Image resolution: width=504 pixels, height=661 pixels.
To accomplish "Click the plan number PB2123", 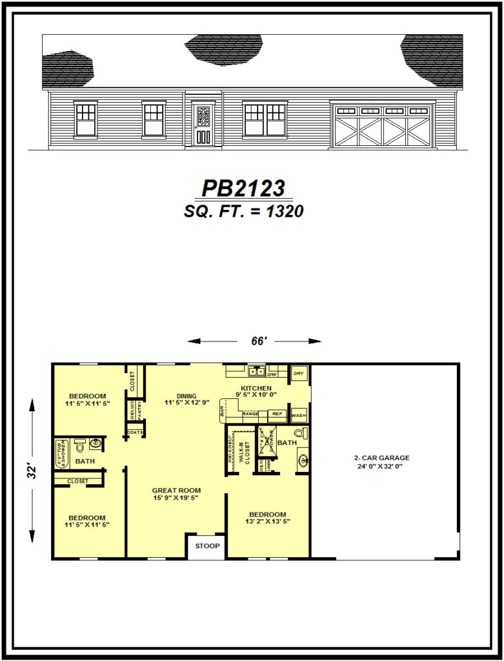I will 243,188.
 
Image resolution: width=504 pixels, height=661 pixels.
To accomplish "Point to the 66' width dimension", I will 259,341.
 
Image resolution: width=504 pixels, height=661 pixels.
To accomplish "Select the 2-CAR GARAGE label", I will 385,458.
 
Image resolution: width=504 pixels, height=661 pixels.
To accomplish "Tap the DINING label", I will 186,396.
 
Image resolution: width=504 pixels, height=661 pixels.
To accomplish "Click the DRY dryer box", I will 299,374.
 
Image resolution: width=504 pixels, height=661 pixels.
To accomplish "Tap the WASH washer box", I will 299,415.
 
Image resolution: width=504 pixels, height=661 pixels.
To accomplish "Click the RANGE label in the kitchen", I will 250,414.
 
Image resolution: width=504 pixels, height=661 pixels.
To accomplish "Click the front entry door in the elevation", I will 203,124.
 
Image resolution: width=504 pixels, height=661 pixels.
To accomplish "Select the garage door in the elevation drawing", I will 383,125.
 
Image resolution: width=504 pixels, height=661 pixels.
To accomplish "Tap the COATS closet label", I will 136,432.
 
